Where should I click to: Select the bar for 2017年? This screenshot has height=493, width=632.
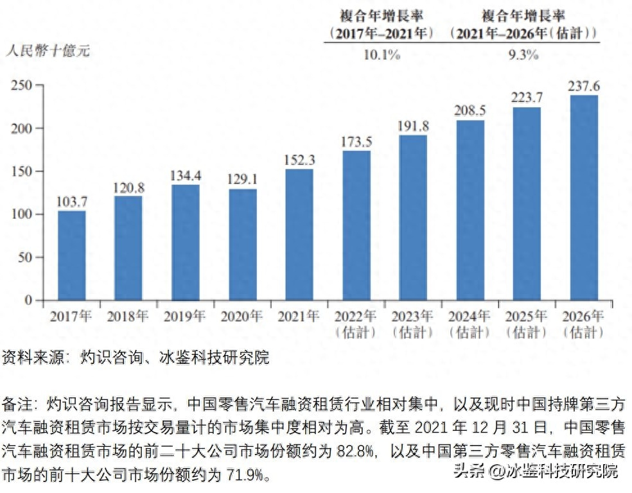[x=71, y=255]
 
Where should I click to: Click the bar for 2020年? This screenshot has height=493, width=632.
[x=242, y=245]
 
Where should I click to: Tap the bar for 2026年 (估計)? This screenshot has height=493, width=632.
[x=583, y=198]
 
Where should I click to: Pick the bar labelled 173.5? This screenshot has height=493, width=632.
[x=356, y=225]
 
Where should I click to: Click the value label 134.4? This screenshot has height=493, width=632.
[x=185, y=175]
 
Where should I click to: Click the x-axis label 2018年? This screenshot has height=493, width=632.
[x=128, y=316]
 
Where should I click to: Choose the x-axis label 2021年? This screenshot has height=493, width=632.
[x=299, y=316]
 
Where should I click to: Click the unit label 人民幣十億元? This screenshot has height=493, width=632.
[x=48, y=52]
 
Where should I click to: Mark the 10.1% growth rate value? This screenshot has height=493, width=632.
[x=382, y=55]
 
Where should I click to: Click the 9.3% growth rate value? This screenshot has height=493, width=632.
[x=523, y=55]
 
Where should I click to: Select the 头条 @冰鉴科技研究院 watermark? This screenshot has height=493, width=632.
[x=536, y=472]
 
